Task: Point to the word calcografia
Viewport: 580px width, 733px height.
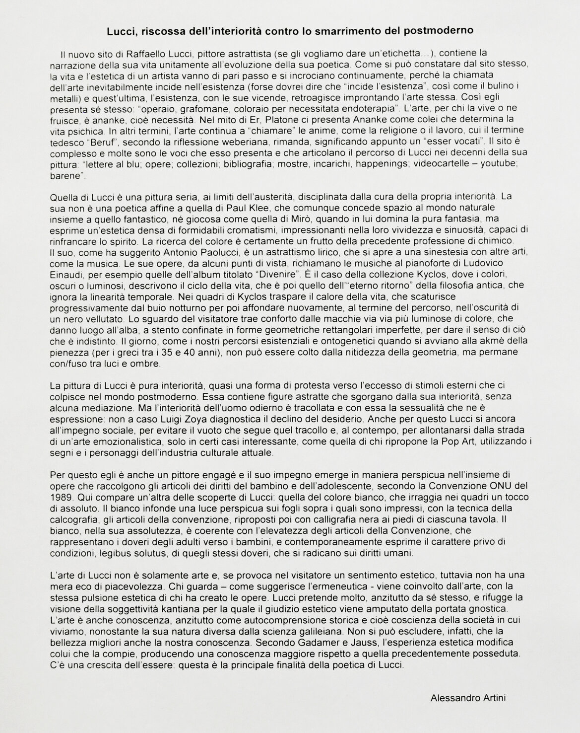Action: (x=73, y=519)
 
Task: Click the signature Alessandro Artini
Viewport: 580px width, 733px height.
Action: (x=468, y=697)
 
